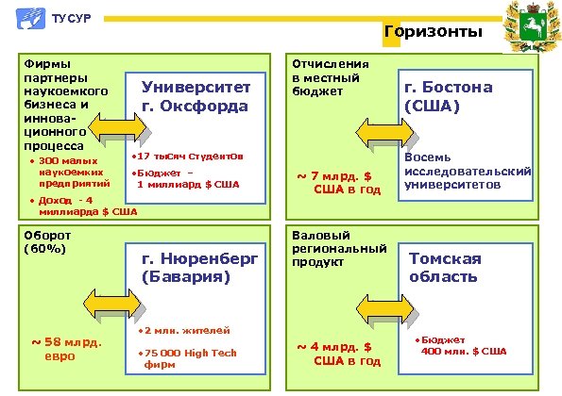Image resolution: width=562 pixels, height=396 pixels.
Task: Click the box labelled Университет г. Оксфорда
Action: point(196,96)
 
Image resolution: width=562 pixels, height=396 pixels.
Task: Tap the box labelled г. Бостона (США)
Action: point(463,97)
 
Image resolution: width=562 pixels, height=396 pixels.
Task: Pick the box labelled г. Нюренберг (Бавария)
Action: point(196,267)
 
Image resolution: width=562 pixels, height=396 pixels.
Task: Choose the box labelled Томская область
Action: point(463,267)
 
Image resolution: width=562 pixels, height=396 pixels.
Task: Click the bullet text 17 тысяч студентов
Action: point(189,156)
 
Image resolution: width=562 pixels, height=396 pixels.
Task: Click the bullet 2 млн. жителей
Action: point(181,332)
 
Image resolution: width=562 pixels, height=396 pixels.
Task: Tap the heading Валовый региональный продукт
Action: point(338,247)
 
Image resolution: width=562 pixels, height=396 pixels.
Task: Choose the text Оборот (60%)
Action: point(44,241)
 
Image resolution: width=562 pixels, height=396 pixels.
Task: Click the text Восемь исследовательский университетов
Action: point(467,171)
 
